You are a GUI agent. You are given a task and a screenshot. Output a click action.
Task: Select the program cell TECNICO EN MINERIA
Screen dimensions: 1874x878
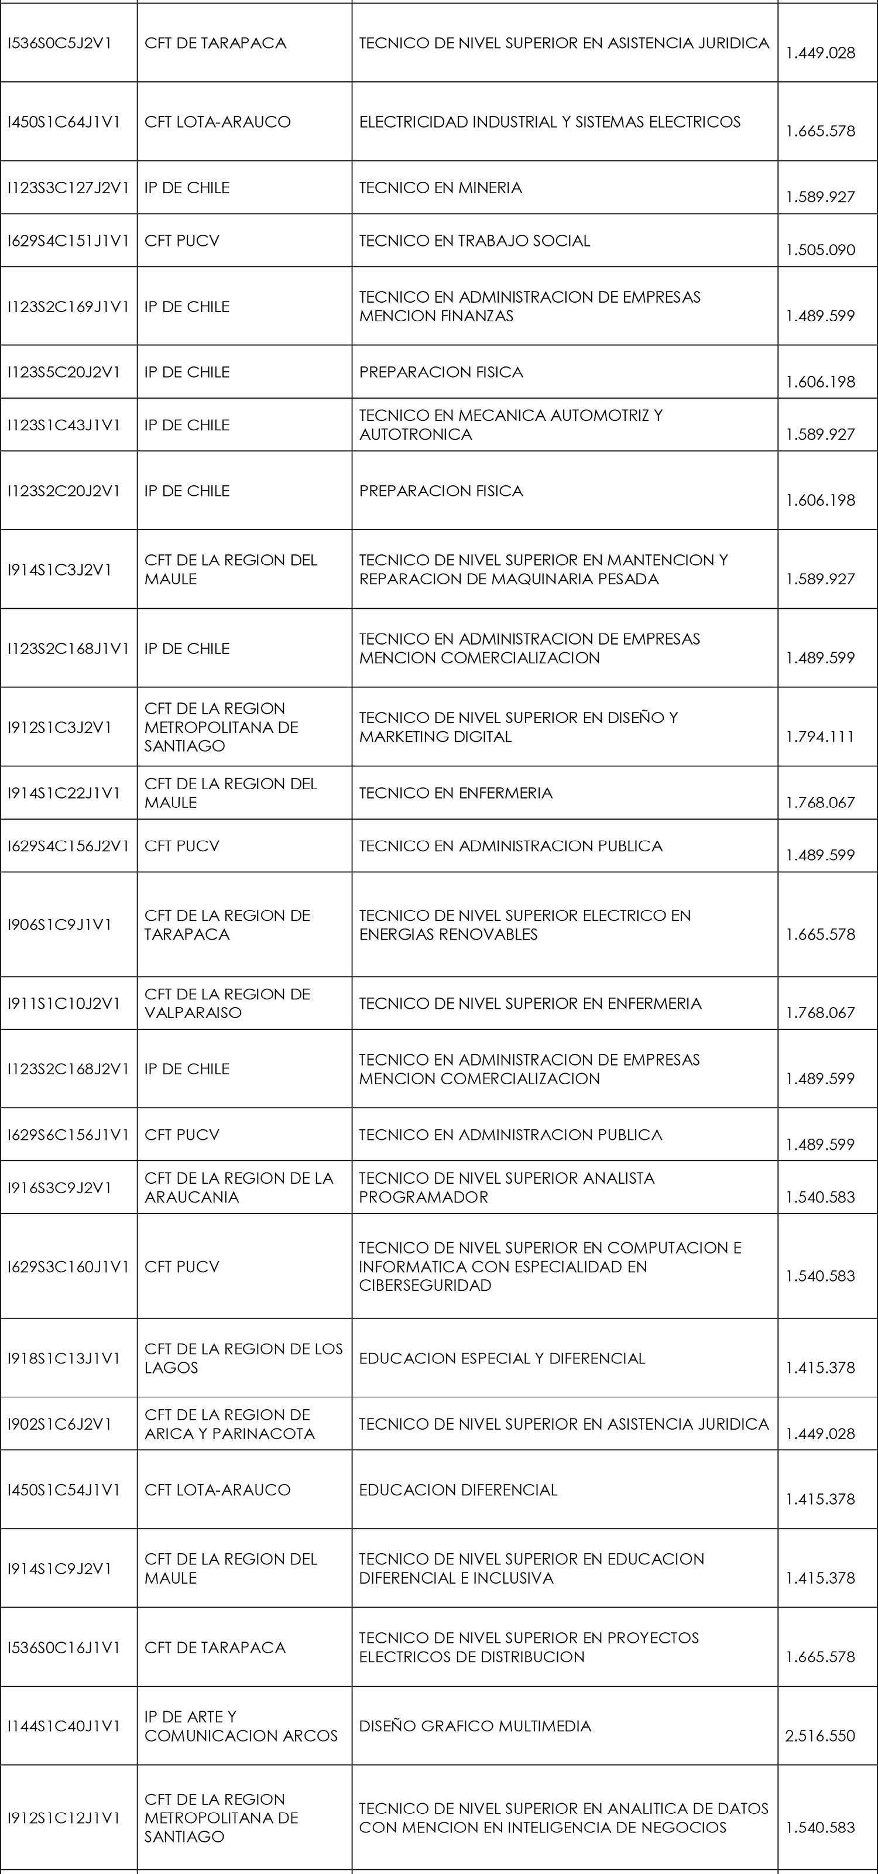(x=440, y=188)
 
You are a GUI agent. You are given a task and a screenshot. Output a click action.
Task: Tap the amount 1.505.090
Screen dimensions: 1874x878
(x=820, y=249)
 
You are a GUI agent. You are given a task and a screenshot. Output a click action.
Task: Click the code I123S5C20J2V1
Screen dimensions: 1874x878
(x=63, y=372)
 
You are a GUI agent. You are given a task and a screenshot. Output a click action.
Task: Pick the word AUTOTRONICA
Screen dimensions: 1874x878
(x=416, y=434)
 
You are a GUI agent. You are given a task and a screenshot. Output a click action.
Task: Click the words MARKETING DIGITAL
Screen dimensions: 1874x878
(x=435, y=736)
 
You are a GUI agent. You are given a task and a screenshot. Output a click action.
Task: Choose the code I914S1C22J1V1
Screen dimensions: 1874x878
(x=63, y=793)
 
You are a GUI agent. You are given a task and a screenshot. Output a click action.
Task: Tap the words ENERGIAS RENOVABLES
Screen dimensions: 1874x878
(x=448, y=934)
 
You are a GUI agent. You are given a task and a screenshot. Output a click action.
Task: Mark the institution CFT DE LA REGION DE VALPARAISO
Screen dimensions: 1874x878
(x=227, y=1003)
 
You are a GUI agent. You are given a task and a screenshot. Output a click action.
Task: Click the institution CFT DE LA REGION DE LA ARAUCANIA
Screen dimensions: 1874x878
(x=239, y=1187)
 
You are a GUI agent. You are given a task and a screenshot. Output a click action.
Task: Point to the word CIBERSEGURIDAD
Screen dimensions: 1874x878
(x=425, y=1286)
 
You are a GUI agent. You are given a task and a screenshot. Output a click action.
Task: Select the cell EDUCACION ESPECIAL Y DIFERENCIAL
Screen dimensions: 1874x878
(x=502, y=1358)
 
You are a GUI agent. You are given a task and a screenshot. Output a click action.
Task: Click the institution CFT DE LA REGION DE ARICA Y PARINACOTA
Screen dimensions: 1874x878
(x=229, y=1424)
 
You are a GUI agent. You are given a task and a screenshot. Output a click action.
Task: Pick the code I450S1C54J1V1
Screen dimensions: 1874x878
(x=63, y=1490)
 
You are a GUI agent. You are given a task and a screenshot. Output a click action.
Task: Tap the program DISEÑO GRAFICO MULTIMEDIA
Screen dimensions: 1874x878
(x=474, y=1726)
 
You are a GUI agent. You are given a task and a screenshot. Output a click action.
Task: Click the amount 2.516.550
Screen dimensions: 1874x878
(x=820, y=1736)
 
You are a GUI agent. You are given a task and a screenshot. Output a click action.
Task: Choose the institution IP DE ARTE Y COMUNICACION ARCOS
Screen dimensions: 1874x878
(x=241, y=1726)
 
